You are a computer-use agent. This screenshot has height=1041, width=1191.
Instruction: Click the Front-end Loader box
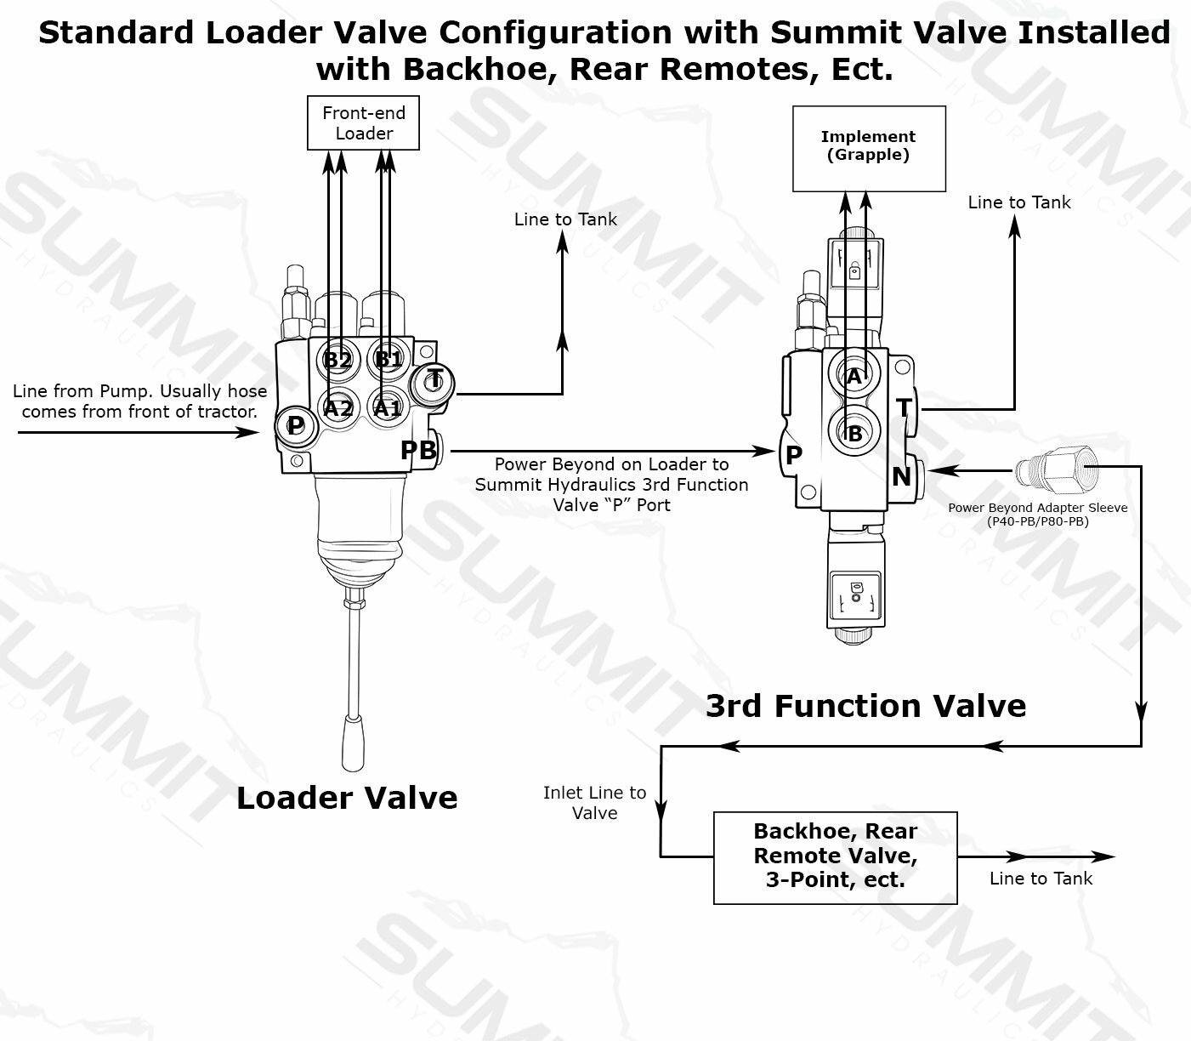pos(363,123)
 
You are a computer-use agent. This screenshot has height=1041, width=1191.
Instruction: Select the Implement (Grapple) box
pos(868,148)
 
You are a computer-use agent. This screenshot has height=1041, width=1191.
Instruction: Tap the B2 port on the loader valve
pos(337,360)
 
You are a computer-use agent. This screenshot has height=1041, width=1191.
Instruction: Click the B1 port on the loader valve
pos(388,359)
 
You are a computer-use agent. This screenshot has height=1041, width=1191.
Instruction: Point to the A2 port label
pos(337,408)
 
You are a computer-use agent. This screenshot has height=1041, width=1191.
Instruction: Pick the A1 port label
pos(388,408)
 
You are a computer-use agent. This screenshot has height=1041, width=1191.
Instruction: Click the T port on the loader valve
pos(434,379)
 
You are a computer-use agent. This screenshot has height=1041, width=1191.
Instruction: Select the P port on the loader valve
pos(295,425)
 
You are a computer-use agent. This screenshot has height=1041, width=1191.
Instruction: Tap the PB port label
pos(418,450)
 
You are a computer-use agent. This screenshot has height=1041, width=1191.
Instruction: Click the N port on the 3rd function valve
pos(901,476)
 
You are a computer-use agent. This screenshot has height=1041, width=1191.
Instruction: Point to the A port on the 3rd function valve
pos(854,377)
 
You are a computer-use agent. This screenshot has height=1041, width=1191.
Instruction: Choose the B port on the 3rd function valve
pos(854,434)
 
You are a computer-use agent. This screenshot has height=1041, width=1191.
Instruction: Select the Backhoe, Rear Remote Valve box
pos(835,856)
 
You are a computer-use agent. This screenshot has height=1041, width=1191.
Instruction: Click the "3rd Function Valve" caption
pos(865,706)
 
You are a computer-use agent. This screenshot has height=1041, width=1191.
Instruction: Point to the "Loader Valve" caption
pos(347,798)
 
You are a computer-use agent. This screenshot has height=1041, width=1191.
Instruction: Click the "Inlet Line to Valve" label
pos(594,803)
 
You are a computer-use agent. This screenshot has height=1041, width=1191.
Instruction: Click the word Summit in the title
pos(826,33)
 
